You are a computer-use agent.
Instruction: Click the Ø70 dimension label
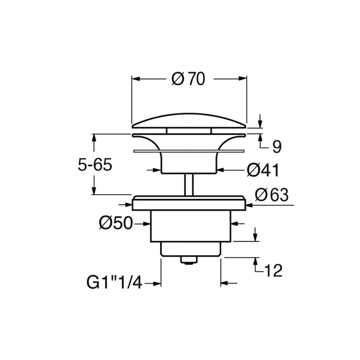[188, 79]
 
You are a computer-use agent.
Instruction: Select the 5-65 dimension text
[95, 165]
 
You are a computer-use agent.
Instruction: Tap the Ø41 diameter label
[263, 170]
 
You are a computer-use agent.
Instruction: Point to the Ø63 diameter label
[271, 195]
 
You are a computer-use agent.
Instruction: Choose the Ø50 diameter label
[116, 223]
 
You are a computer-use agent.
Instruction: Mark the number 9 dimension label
[276, 147]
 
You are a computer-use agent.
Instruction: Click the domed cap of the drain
[189, 121]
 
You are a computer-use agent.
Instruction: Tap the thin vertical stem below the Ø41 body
[189, 185]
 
